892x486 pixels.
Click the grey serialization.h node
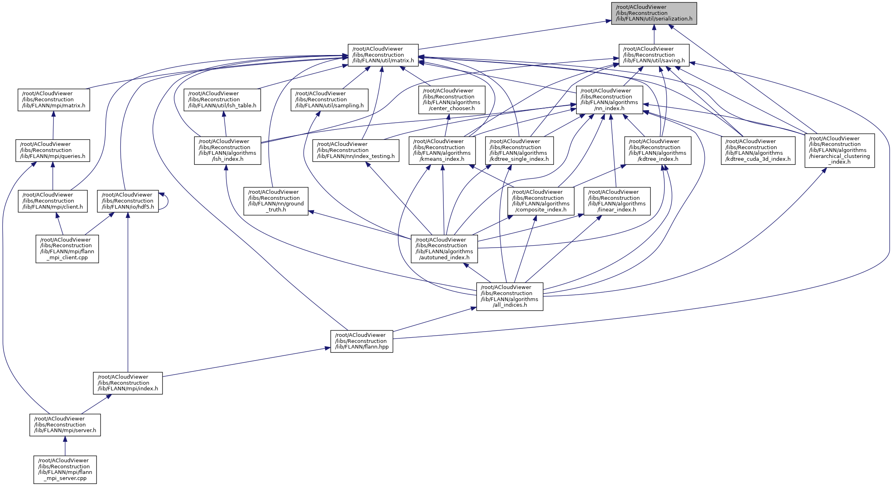[x=654, y=13]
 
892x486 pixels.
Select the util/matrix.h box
[x=383, y=55]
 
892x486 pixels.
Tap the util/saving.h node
[x=654, y=55]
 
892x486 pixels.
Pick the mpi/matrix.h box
[x=54, y=100]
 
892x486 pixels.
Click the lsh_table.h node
[x=222, y=100]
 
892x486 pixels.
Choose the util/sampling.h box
[x=330, y=100]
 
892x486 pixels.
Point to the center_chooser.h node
[x=451, y=100]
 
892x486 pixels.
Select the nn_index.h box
[x=610, y=100]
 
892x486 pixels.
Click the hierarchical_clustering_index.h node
[x=839, y=150]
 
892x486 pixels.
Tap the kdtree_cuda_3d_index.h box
[x=758, y=150]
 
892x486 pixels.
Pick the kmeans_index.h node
[x=442, y=150]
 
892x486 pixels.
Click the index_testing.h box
[x=356, y=150]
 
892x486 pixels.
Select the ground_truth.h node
[x=276, y=201]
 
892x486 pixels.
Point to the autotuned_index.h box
[x=444, y=249]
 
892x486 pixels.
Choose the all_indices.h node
[x=510, y=296]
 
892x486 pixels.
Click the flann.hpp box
[x=362, y=341]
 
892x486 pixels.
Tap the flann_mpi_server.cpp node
[x=65, y=470]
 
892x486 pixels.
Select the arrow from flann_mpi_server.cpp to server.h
[x=65, y=446]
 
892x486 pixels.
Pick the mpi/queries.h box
[x=53, y=150]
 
